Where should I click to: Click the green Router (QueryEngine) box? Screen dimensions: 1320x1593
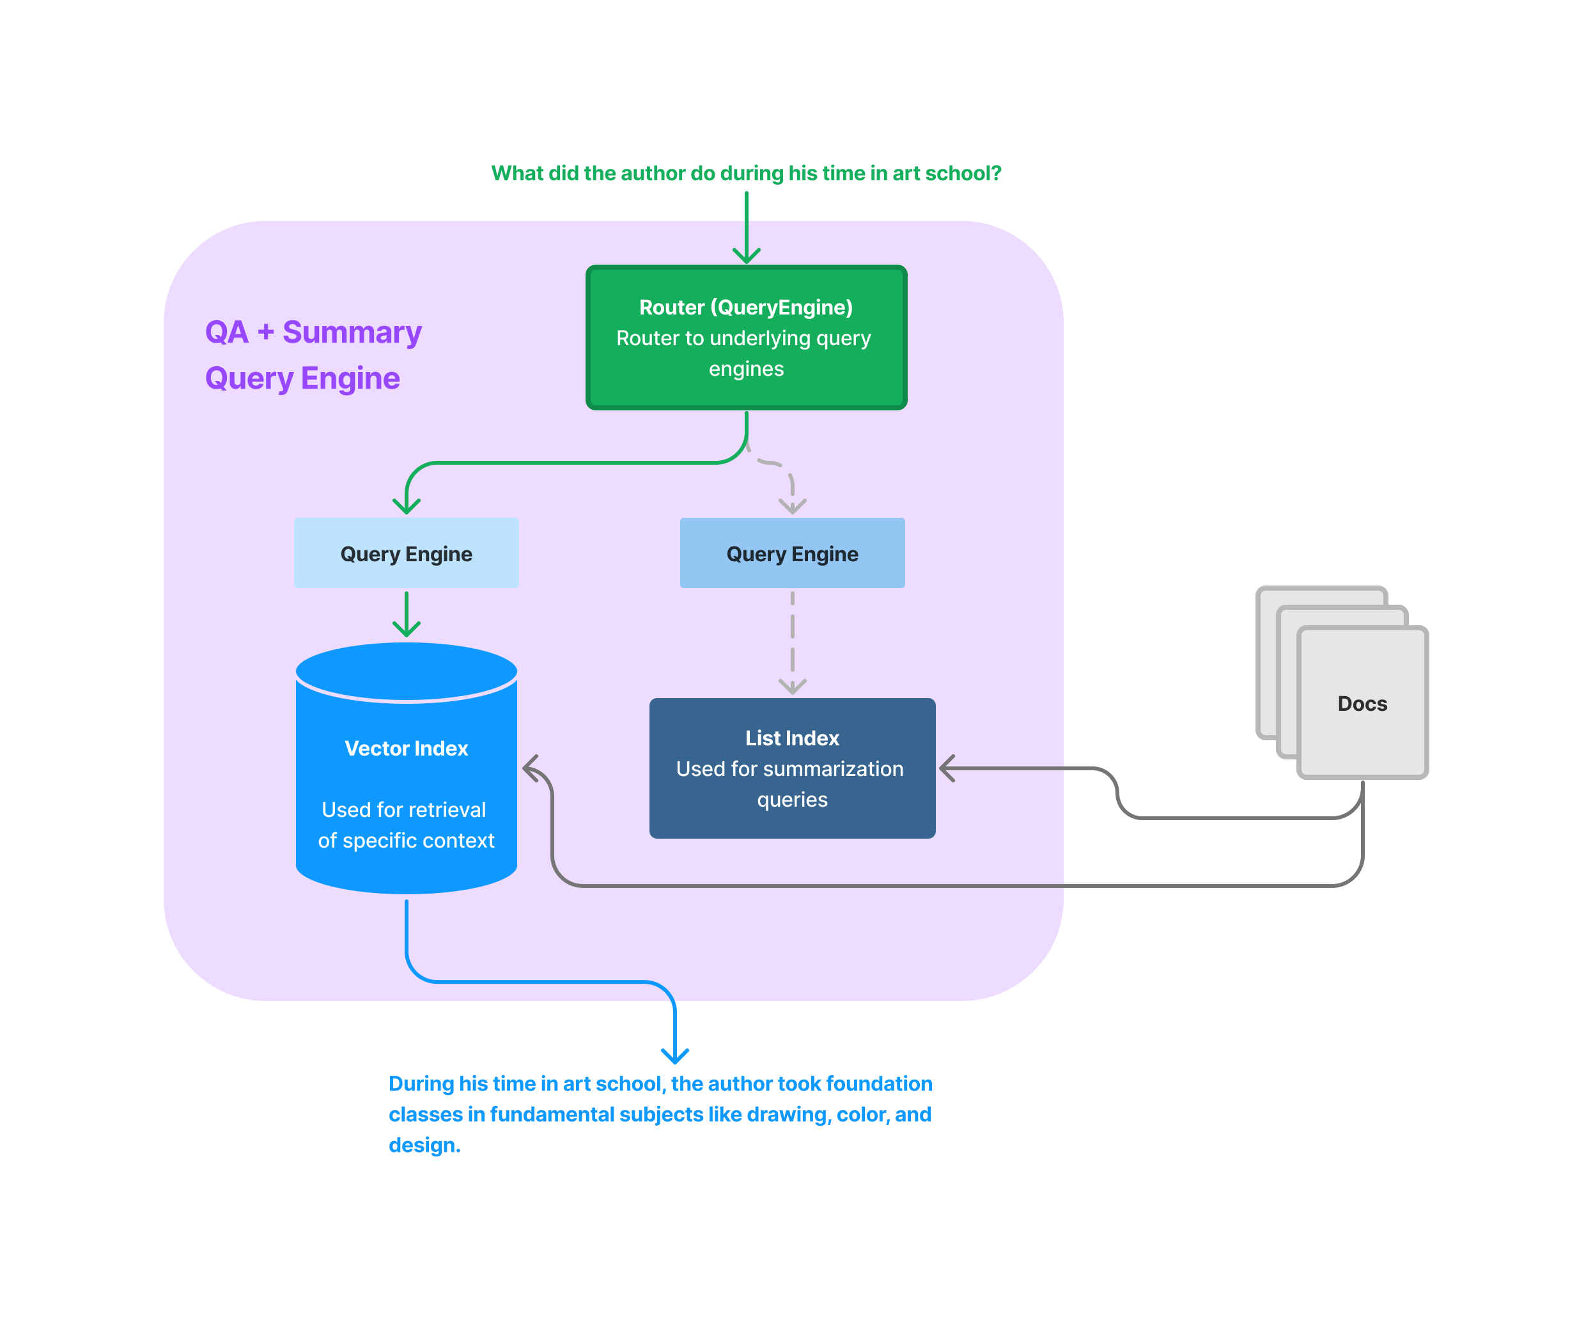(x=747, y=338)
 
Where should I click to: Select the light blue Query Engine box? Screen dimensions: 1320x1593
(x=407, y=554)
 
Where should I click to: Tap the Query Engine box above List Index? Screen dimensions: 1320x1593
(x=792, y=554)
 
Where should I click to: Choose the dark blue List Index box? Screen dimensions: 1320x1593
(x=792, y=768)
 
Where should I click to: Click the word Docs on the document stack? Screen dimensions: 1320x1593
(x=1362, y=704)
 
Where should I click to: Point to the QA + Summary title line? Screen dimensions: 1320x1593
(x=313, y=332)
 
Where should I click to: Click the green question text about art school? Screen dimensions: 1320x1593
(x=747, y=174)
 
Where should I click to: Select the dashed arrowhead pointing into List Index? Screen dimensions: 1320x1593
(x=793, y=687)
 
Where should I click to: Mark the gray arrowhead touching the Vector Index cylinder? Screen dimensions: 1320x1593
(x=529, y=768)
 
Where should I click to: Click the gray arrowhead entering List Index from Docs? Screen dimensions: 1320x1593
(x=947, y=768)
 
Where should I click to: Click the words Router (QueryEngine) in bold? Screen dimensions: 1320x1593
(x=747, y=307)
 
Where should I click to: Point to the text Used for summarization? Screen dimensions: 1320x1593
(x=789, y=769)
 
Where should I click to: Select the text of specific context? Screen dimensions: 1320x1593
(x=407, y=841)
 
